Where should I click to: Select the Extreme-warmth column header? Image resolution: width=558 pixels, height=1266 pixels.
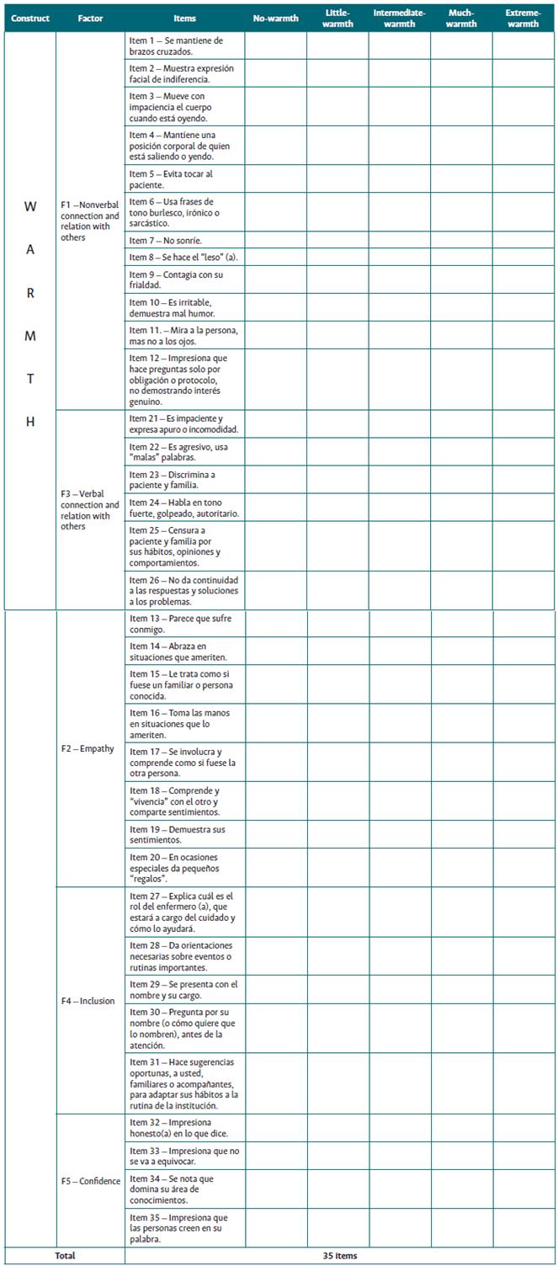(523, 18)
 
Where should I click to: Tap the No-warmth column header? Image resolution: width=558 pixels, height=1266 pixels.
(275, 18)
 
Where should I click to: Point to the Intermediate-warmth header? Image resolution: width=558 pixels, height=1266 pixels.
(399, 18)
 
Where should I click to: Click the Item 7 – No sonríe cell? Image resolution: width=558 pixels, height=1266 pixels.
(183, 240)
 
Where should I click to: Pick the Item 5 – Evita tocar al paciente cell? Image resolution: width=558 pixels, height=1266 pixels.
(183, 179)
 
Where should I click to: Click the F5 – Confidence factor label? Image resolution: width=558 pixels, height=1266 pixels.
(90, 1180)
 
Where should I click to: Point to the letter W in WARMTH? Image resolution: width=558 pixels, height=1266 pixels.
(30, 205)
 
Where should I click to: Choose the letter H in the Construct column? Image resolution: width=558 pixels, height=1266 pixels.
(30, 422)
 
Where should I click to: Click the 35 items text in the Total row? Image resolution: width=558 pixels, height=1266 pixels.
(339, 1256)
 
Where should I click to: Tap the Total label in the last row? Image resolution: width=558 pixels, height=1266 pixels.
(65, 1256)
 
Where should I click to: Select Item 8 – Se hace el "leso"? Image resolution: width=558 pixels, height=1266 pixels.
(183, 257)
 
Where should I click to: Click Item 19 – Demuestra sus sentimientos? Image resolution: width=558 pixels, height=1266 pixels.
(183, 834)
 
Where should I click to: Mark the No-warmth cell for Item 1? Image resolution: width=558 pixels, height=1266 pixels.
(275, 45)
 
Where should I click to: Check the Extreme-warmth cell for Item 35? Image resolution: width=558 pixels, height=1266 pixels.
(523, 1228)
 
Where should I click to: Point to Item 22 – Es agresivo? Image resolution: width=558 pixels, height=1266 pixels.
(183, 451)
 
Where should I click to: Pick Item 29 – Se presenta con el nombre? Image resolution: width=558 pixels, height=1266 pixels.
(183, 989)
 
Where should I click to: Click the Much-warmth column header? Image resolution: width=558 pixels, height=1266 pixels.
(461, 18)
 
